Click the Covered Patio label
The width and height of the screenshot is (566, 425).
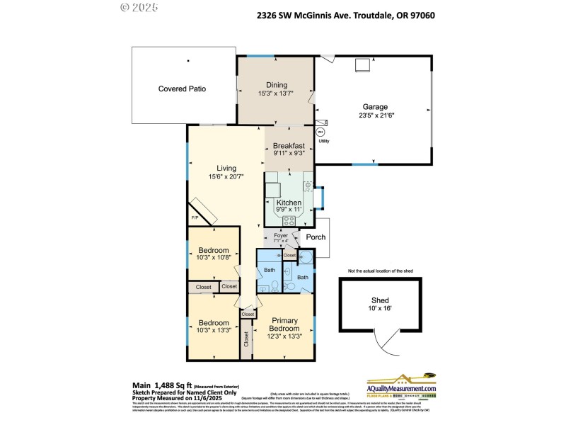pos(182,89)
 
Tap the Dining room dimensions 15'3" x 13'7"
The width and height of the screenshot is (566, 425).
pos(275,92)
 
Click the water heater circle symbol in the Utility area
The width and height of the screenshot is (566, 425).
pos(320,132)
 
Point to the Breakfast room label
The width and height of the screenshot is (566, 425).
pos(289,145)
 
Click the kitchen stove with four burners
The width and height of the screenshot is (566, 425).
pos(290,220)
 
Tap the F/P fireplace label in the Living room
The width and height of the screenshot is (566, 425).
pos(195,217)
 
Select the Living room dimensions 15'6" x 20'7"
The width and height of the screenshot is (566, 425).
pos(226,176)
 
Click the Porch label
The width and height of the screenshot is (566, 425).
pos(315,237)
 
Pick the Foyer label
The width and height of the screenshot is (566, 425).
pos(280,234)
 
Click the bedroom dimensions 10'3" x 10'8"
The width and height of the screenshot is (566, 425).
pos(213,259)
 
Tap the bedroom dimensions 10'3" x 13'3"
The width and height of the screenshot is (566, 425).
pos(213,329)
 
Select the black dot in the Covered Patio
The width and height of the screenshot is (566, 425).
pos(188,61)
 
